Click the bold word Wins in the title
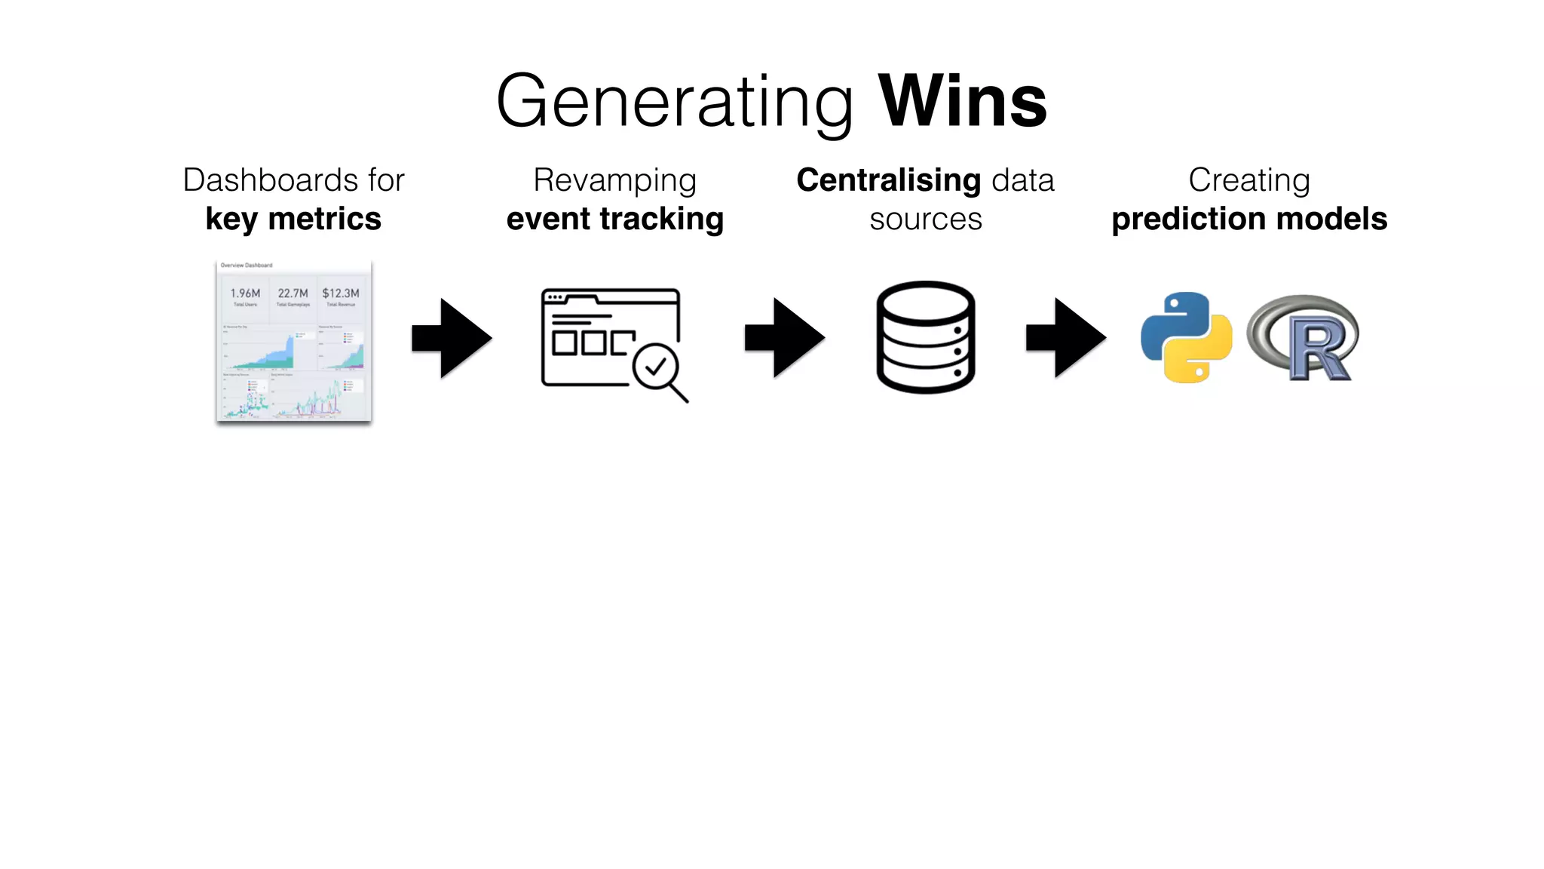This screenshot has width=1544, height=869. tap(963, 101)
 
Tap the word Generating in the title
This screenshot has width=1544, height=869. tap(675, 103)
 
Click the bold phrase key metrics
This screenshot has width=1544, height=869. tap(293, 219)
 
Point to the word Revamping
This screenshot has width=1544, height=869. tap(614, 180)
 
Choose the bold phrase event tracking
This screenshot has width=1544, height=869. tap(614, 219)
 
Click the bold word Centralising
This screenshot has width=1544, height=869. tap(889, 180)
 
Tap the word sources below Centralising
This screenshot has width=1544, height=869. tap(926, 220)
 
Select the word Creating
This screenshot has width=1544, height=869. tap(1249, 180)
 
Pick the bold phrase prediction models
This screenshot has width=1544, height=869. tap(1249, 219)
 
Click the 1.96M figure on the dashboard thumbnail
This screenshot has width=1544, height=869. tap(245, 293)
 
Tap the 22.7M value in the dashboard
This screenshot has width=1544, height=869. tap(293, 293)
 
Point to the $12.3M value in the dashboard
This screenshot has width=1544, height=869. tap(341, 293)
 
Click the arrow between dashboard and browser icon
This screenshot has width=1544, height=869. tap(452, 338)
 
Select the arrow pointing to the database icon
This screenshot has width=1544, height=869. tap(785, 338)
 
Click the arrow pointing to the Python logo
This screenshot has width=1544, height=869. tap(1066, 338)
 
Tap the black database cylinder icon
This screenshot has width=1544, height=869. tap(926, 337)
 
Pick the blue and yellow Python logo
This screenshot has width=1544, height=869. tap(1187, 337)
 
